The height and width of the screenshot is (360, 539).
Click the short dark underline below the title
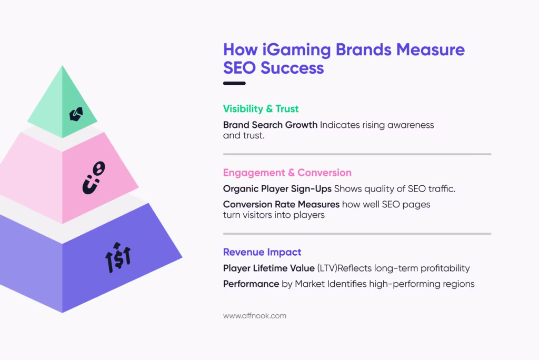[x=234, y=83]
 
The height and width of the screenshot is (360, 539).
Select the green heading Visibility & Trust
[x=261, y=109]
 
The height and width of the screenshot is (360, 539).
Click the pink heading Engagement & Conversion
[x=287, y=173]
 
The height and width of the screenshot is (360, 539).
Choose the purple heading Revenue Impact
[x=262, y=252]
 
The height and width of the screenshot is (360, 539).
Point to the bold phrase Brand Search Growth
[x=270, y=125]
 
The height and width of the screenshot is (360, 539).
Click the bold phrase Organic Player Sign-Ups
[x=277, y=189]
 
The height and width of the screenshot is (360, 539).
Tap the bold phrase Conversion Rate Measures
[x=281, y=204]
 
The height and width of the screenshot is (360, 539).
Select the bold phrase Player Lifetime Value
[x=268, y=268]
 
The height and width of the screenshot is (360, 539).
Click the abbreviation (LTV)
[x=327, y=268]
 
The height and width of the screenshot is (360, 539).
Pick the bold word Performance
[x=251, y=284]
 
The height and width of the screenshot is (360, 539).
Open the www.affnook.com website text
[x=254, y=316]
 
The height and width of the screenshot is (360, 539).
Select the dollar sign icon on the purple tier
[x=118, y=257]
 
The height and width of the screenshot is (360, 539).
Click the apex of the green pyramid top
[x=63, y=67]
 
